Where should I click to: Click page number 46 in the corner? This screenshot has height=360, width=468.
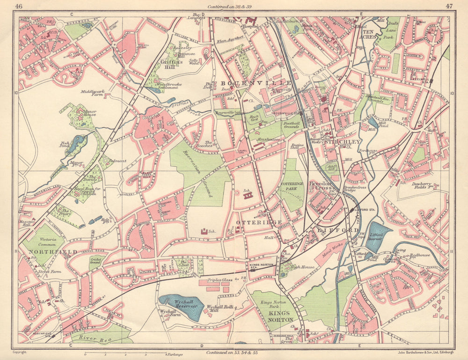tap(19, 6)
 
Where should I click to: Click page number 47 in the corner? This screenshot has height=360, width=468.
tap(449, 6)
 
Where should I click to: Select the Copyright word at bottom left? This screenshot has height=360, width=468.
tap(20, 352)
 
